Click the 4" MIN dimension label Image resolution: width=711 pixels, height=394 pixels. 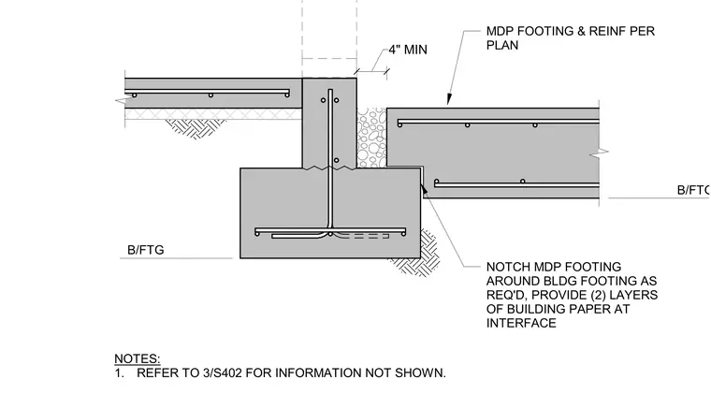[408, 50]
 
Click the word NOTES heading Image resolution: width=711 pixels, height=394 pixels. [137, 358]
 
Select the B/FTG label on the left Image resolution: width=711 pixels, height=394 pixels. [146, 250]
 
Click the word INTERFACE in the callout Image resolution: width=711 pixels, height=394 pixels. [521, 323]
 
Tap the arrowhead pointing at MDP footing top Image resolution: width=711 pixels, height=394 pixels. [449, 99]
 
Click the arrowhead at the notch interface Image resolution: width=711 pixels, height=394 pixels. [425, 189]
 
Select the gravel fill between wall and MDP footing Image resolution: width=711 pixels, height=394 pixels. [371, 138]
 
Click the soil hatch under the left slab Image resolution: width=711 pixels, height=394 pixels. [196, 127]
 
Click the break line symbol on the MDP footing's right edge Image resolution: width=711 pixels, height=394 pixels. [600, 154]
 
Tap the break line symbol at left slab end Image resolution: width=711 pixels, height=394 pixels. [122, 101]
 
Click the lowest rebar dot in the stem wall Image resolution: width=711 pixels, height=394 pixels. [336, 161]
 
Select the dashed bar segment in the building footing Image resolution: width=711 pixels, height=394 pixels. [364, 236]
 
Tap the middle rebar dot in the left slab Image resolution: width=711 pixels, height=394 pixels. [210, 95]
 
